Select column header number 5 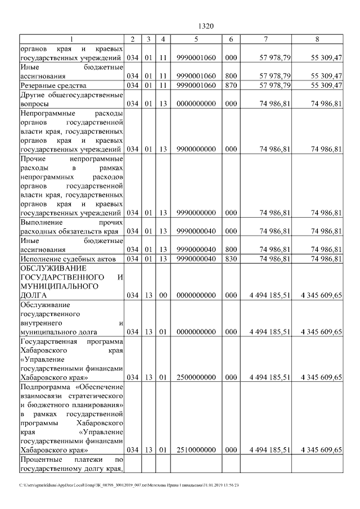point(196,39)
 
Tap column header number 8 point(317,39)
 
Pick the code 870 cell point(231,85)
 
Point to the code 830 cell point(231,259)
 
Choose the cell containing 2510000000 point(196,450)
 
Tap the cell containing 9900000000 point(196,149)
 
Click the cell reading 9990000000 point(196,213)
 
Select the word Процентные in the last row point(41,461)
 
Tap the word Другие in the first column point(34,94)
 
